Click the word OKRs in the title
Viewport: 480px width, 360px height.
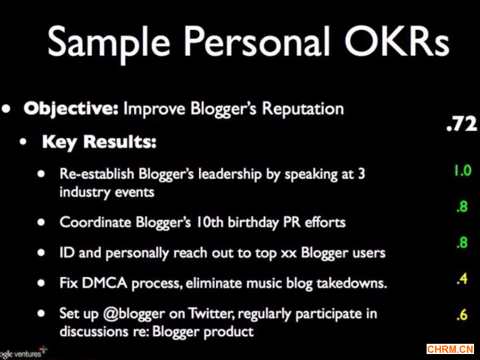click(397, 41)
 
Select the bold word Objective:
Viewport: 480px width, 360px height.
click(71, 109)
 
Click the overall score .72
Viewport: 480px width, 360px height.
click(461, 124)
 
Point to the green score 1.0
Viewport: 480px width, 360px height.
click(463, 171)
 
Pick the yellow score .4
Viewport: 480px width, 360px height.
click(462, 279)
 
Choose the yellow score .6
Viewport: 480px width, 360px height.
click(462, 314)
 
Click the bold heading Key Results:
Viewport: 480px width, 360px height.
click(99, 142)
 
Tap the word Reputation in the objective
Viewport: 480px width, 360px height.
click(303, 109)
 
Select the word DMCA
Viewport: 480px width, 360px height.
click(104, 283)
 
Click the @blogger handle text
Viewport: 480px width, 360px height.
click(134, 314)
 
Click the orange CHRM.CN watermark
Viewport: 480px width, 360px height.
click(450, 349)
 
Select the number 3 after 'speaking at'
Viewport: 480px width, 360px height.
click(362, 174)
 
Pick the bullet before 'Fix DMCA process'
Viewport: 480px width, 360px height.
click(41, 283)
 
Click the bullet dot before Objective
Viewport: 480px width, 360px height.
click(6, 109)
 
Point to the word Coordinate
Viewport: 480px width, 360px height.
click(95, 222)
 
